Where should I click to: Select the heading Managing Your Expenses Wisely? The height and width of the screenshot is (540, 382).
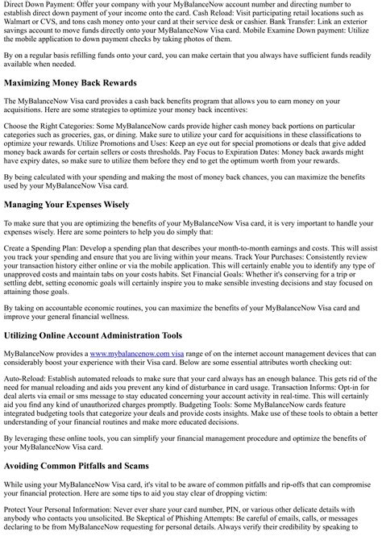(x=66, y=205)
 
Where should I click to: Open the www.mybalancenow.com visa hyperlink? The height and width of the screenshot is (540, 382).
(x=136, y=353)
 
